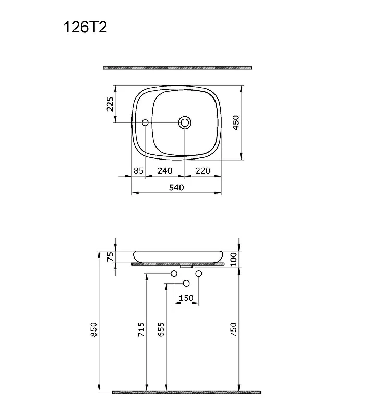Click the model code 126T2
click(x=85, y=27)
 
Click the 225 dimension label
click(x=110, y=104)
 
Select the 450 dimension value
click(x=236, y=122)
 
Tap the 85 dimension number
click(x=138, y=171)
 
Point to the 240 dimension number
click(x=165, y=171)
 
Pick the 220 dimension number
click(x=203, y=171)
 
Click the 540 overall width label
click(x=176, y=188)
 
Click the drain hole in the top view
click(x=185, y=122)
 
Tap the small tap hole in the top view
click(x=145, y=122)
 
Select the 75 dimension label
click(x=110, y=257)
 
